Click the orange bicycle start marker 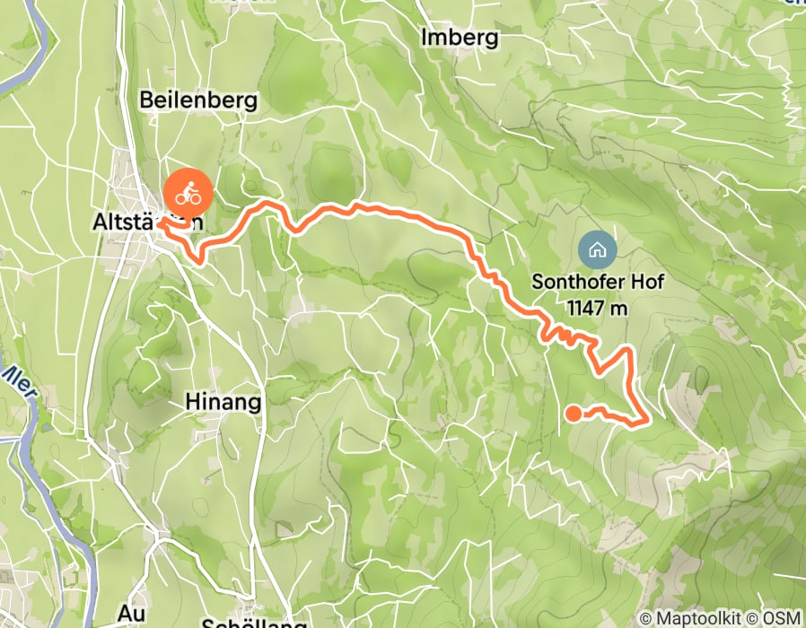pyautogui.click(x=188, y=192)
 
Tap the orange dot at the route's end pyautogui.click(x=572, y=413)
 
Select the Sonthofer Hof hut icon pyautogui.click(x=598, y=249)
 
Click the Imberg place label pyautogui.click(x=459, y=38)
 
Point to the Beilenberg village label pyautogui.click(x=198, y=100)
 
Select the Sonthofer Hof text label pyautogui.click(x=597, y=282)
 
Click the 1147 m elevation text pyautogui.click(x=597, y=308)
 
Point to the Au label pyautogui.click(x=132, y=614)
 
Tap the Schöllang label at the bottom pyautogui.click(x=254, y=621)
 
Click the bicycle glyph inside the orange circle pyautogui.click(x=188, y=192)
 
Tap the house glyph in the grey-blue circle pyautogui.click(x=598, y=249)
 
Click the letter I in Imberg pyautogui.click(x=425, y=38)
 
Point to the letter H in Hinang pyautogui.click(x=191, y=402)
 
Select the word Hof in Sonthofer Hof pyautogui.click(x=645, y=282)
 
